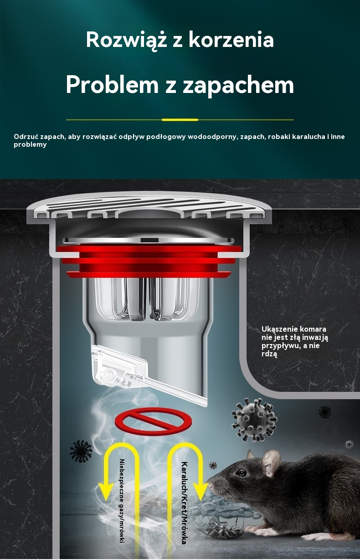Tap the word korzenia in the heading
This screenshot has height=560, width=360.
coord(231,39)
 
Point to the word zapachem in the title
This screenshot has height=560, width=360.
coord(238,85)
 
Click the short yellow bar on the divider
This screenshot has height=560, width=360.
coord(180,120)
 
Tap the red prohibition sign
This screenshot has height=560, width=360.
coord(153,421)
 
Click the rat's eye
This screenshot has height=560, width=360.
coord(241,473)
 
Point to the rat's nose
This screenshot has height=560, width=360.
coord(210,485)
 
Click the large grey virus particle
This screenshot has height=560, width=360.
coord(254,420)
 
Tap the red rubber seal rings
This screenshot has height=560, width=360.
coord(149,262)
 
